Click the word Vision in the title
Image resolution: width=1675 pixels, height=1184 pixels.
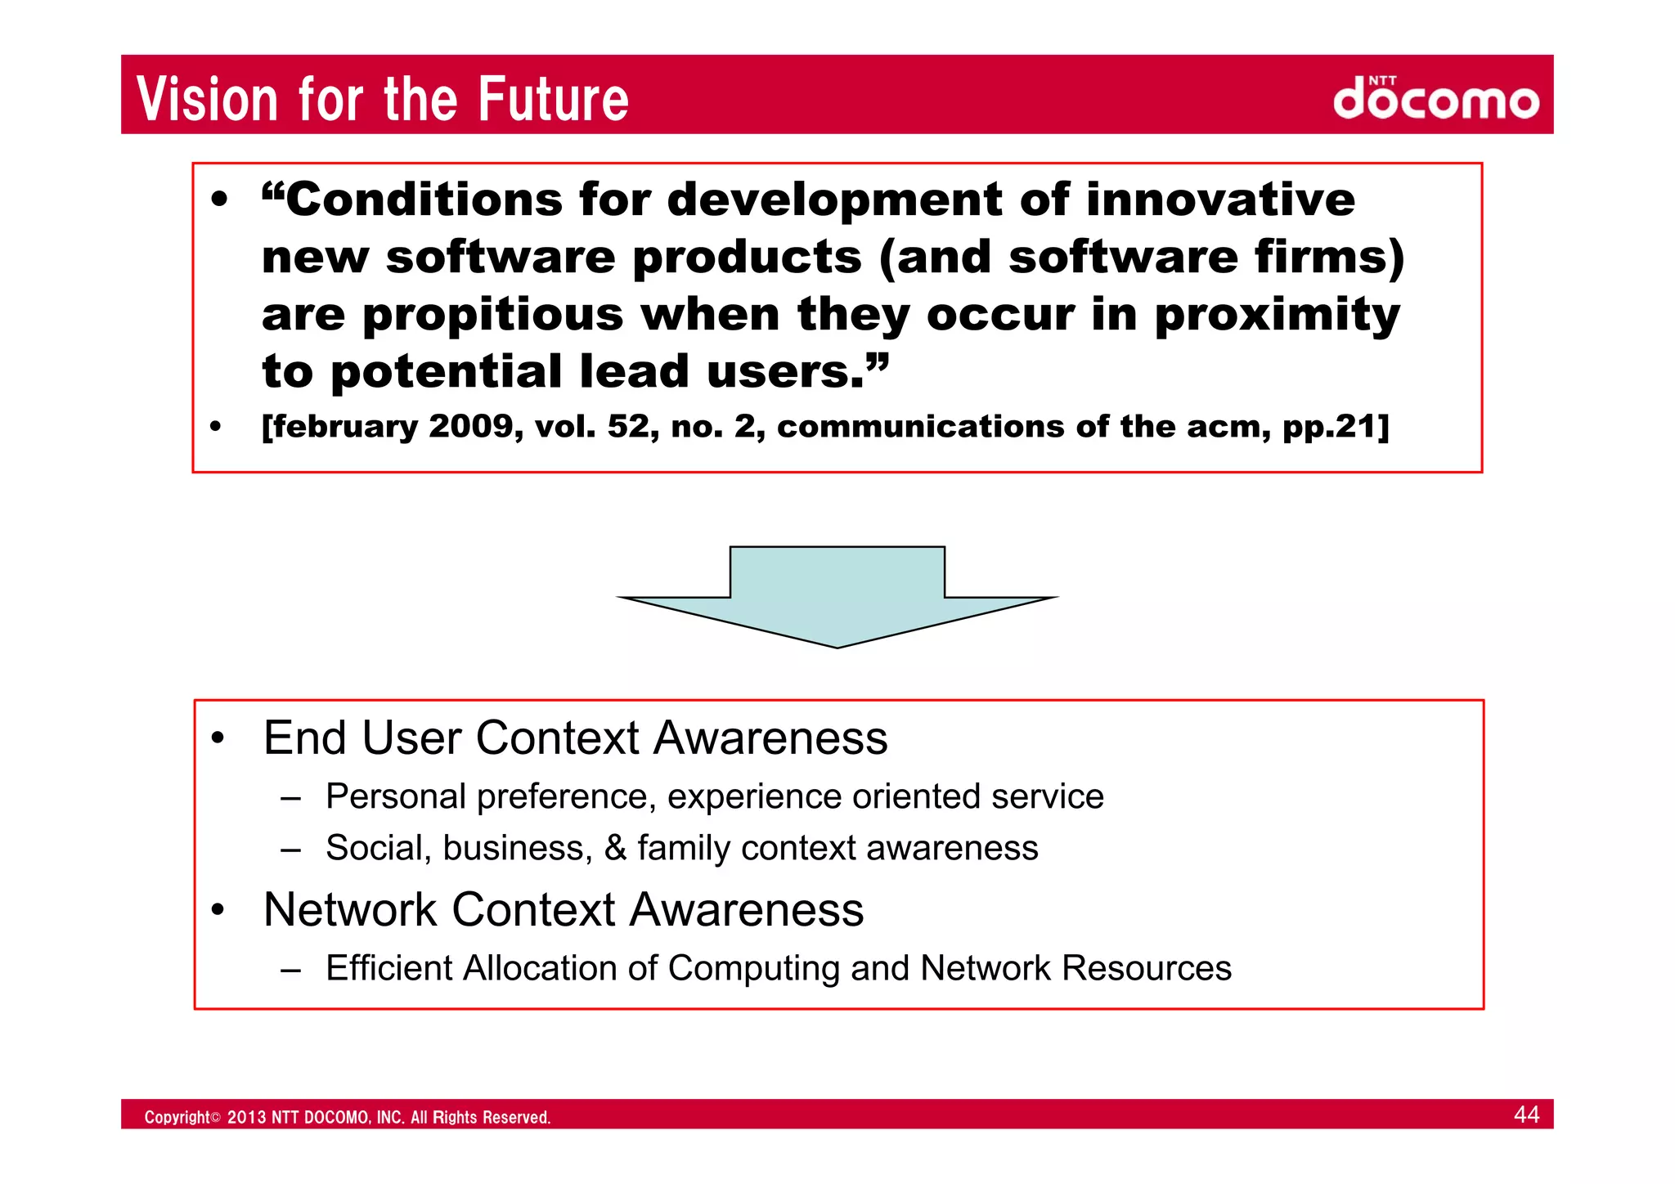pos(208,99)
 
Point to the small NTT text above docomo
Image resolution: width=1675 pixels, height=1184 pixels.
pos(1382,81)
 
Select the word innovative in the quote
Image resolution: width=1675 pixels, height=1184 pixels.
pos(1219,200)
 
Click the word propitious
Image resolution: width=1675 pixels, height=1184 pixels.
pos(492,315)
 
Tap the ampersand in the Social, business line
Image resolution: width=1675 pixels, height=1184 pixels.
pos(615,848)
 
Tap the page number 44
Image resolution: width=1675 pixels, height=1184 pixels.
pos(1526,1114)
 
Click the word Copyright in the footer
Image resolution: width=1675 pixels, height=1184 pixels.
pos(177,1118)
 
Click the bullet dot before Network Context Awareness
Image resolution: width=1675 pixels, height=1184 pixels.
pos(217,910)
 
